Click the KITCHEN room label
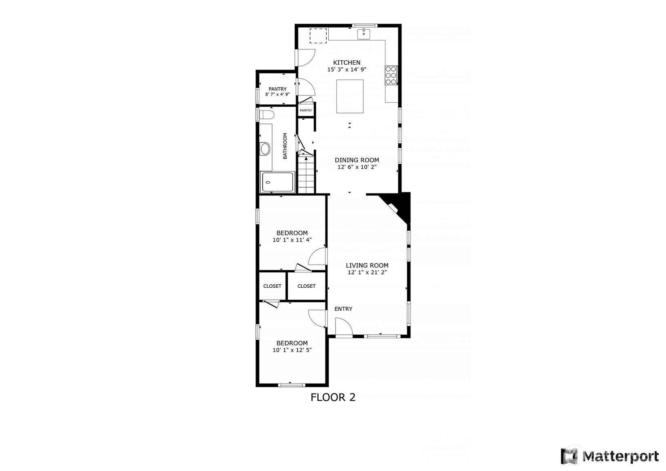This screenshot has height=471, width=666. (x=347, y=62)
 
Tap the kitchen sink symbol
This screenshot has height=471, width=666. (x=364, y=34)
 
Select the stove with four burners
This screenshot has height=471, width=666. (x=391, y=75)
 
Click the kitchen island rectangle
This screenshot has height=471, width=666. (x=350, y=96)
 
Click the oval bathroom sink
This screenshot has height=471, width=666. (x=265, y=149)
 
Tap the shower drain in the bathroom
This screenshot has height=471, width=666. (x=268, y=182)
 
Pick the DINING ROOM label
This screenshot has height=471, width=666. (x=357, y=160)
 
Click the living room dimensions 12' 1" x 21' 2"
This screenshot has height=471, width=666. (x=367, y=272)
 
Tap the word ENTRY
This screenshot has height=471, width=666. (x=343, y=309)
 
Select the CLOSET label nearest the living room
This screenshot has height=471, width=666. (x=307, y=286)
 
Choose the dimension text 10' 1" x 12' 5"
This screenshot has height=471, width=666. (x=292, y=350)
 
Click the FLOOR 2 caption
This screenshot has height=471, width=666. (x=333, y=397)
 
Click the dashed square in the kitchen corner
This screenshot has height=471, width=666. (x=318, y=36)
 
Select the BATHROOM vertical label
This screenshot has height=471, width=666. (x=285, y=146)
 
